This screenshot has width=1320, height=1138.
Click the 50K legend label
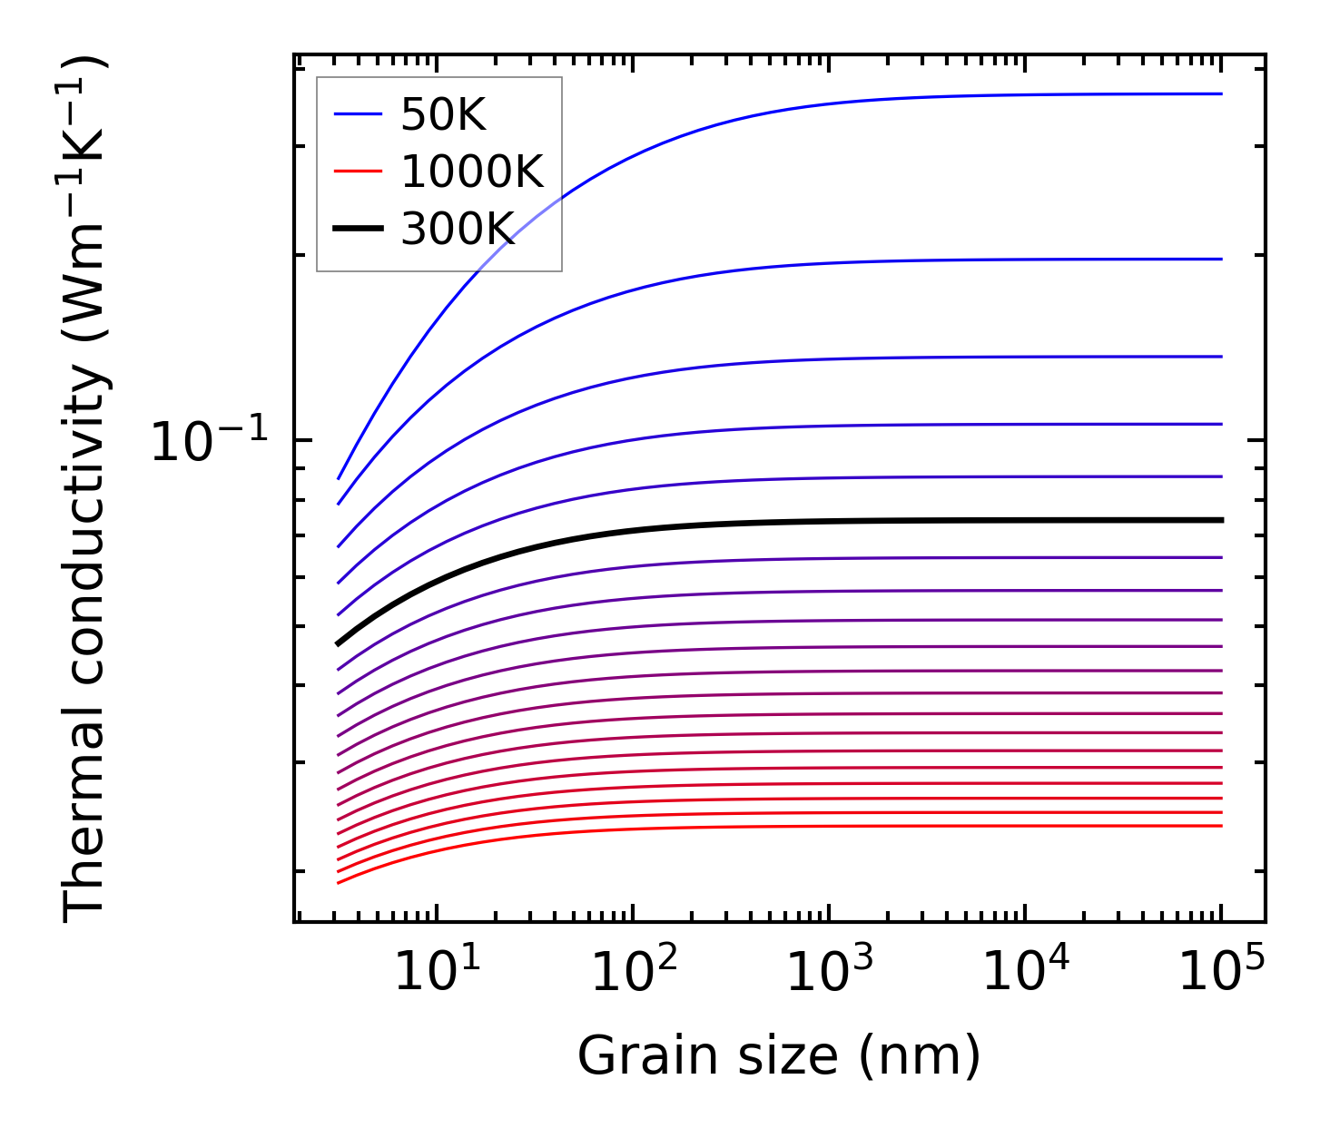click(x=443, y=115)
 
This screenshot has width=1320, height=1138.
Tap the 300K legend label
click(x=458, y=230)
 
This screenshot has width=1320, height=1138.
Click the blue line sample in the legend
click(x=358, y=114)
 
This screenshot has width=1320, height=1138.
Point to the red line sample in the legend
click(x=358, y=172)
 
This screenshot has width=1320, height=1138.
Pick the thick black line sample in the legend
click(x=358, y=229)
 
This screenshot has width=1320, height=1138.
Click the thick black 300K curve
click(x=817, y=521)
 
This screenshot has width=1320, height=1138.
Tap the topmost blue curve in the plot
click(x=908, y=97)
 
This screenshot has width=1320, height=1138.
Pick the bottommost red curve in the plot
click(x=817, y=826)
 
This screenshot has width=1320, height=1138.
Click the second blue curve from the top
click(x=908, y=260)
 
